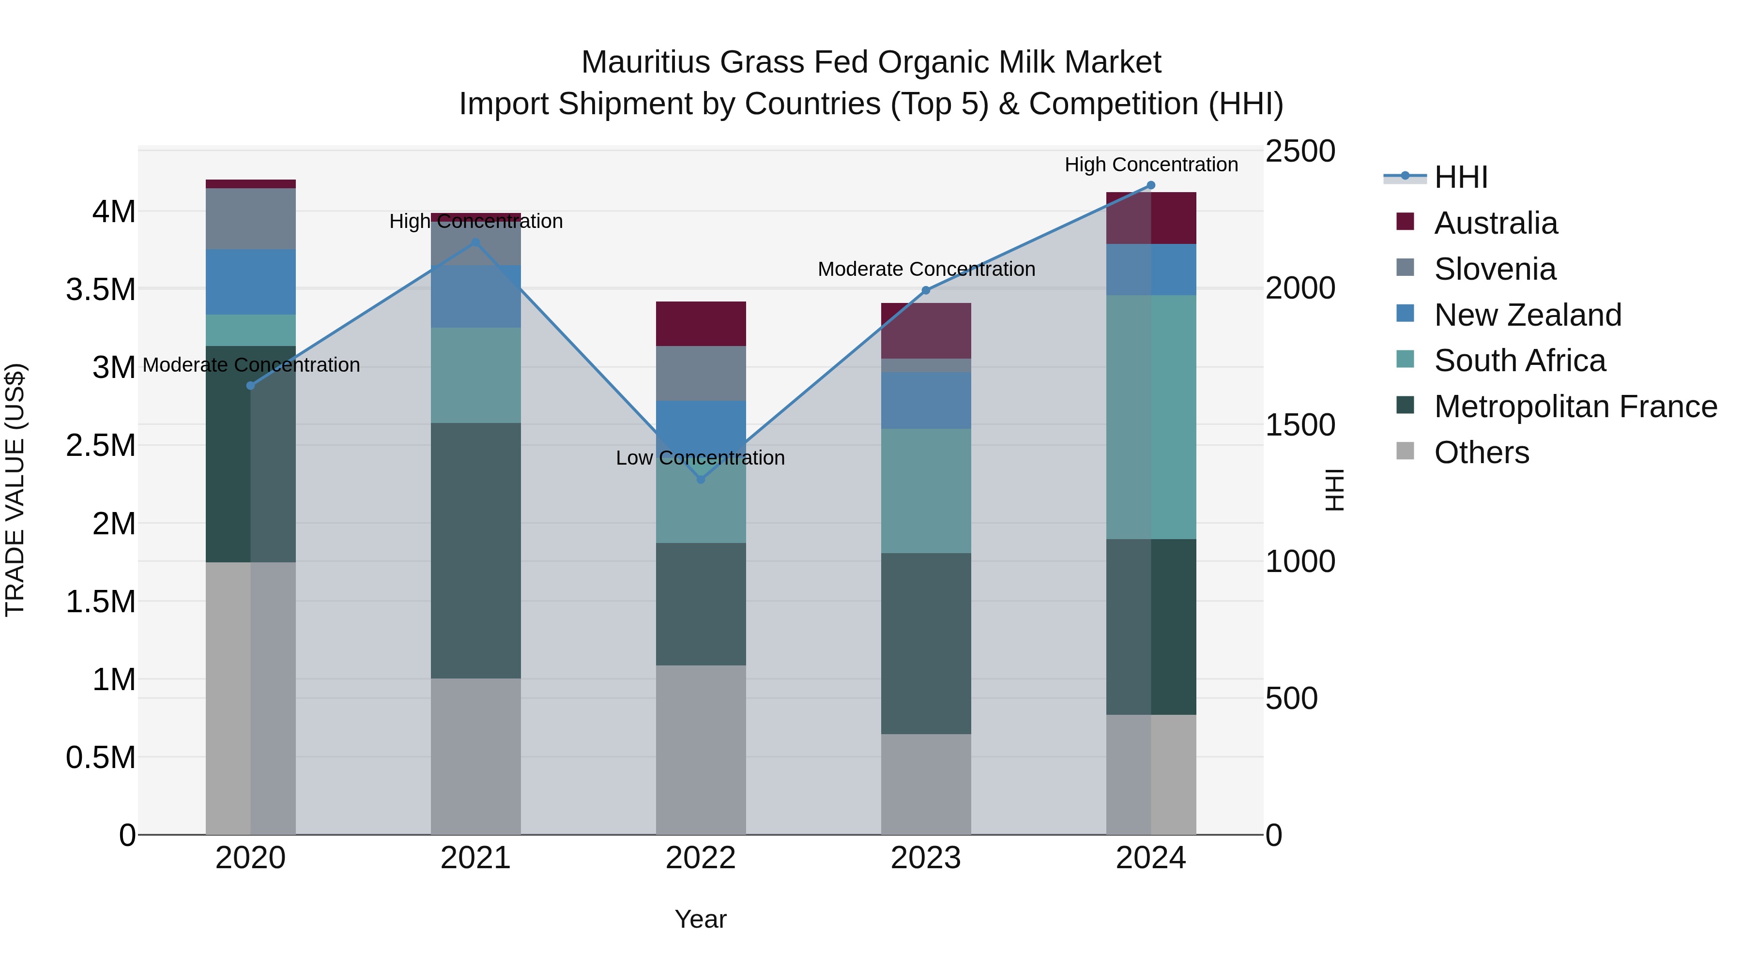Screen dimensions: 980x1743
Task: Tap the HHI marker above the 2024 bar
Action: [1151, 185]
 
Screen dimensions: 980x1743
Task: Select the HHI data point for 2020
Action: [250, 386]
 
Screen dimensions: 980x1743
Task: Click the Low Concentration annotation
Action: [700, 458]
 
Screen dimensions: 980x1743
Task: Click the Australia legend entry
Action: [1496, 223]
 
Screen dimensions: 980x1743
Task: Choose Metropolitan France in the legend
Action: [1575, 407]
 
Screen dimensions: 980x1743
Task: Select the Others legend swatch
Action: [1406, 451]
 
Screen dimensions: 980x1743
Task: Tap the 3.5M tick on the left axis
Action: [100, 289]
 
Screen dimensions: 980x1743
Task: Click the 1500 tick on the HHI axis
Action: [1300, 425]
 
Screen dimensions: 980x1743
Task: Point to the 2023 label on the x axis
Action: [926, 858]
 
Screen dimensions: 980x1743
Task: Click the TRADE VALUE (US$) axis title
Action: [15, 490]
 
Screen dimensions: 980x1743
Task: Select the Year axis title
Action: [700, 919]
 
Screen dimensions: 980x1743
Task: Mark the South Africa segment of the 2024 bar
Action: [1151, 417]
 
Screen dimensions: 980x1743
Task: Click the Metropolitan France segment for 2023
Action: [926, 643]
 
